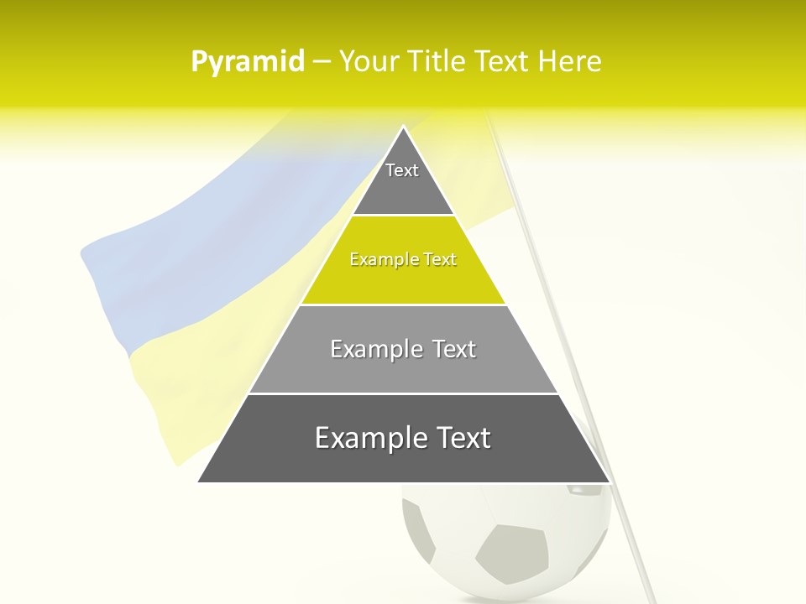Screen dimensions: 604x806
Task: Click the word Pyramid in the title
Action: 248,62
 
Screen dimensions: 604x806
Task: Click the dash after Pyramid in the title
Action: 322,62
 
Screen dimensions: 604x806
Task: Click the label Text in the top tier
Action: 402,170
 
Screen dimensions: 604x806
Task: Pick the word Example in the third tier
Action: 374,349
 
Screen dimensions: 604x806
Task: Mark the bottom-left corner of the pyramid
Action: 199,482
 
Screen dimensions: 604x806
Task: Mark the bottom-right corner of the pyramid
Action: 609,482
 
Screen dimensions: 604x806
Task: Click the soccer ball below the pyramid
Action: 504,537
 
